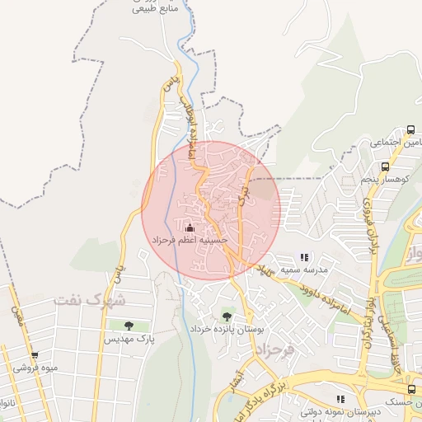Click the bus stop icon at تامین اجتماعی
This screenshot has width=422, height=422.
(410, 130)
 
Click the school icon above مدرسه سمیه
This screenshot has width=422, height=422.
(304, 257)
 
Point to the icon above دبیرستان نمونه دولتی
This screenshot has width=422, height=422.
(340, 399)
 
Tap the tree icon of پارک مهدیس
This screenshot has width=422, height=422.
(129, 326)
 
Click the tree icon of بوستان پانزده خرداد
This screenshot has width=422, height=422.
(227, 316)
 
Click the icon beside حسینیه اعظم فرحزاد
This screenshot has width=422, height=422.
(190, 227)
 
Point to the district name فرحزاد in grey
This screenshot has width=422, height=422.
(268, 349)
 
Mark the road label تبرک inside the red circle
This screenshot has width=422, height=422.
(242, 191)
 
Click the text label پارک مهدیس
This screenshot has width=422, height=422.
(129, 339)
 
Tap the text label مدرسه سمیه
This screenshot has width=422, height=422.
(305, 270)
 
